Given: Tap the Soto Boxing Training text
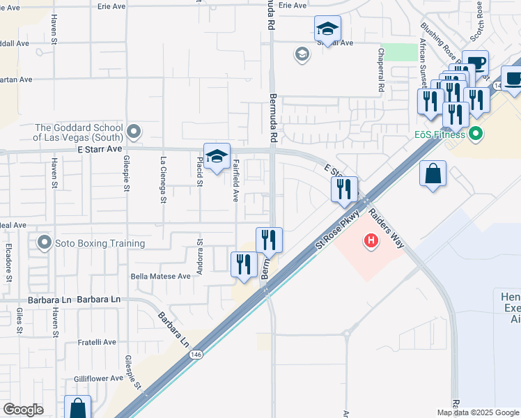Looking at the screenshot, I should coord(101,243).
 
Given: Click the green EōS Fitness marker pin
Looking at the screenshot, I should coord(476,132).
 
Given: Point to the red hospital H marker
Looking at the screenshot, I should coord(371,241).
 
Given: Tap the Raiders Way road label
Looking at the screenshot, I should coord(387,228).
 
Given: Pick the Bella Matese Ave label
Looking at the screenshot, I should coord(161,276).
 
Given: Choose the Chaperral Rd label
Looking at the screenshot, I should coord(381,70).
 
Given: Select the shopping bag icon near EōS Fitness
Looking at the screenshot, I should coord(433,173).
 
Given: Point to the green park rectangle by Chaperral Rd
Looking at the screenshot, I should coord(397,52).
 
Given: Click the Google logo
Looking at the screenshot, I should coord(23,410).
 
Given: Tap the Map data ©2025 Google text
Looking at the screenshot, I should coord(478,412).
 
